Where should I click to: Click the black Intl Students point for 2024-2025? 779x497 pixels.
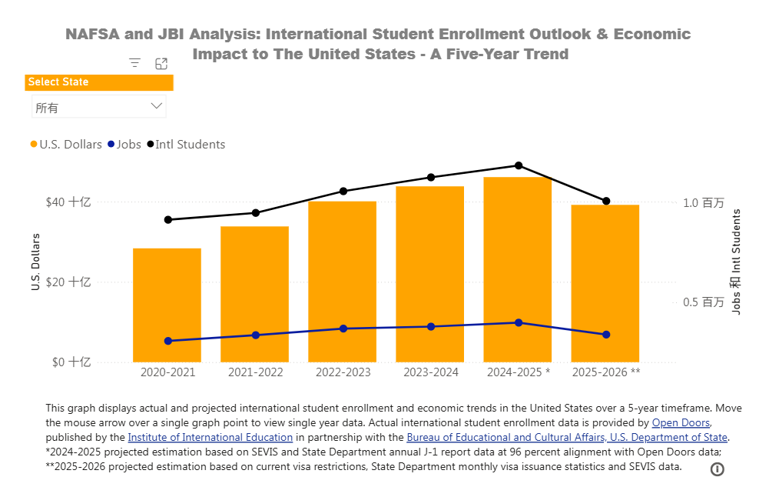519,165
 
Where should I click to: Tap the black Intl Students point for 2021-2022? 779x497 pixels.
256,212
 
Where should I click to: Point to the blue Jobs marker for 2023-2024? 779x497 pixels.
431,327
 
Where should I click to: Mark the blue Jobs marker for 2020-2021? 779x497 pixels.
167,341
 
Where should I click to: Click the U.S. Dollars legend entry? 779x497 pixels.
65,145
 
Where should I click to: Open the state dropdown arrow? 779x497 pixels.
157,106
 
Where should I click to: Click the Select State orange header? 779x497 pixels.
99,82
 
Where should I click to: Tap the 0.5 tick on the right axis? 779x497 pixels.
703,302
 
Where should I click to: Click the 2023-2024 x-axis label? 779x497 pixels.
431,372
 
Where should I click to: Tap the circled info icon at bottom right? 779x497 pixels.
718,469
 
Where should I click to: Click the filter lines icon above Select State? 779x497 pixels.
135,63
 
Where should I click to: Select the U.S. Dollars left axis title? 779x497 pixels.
35,262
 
